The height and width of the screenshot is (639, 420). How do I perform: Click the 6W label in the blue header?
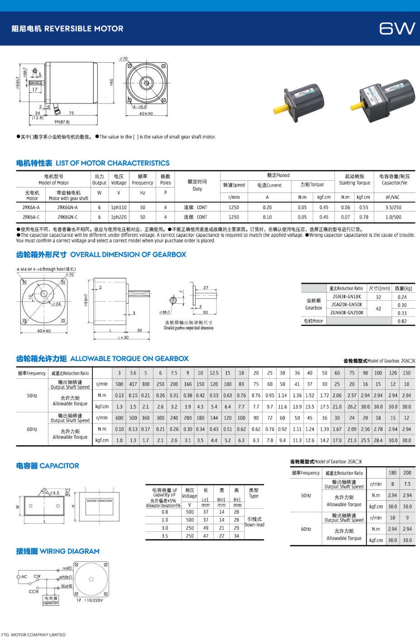[x=397, y=28]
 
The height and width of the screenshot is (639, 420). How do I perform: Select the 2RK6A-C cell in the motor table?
[x=31, y=217]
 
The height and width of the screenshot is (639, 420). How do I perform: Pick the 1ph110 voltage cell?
[x=119, y=207]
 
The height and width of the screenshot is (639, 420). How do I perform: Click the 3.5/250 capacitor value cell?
[x=393, y=207]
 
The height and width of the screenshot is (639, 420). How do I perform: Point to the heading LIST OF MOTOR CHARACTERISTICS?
[x=112, y=163]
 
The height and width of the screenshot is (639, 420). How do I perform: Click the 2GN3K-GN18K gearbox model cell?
[x=347, y=297]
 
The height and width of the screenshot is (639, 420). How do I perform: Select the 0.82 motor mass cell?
[x=402, y=321]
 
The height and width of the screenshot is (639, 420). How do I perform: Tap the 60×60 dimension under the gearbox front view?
[x=44, y=331]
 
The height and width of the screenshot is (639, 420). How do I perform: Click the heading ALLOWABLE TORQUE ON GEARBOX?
[x=129, y=358]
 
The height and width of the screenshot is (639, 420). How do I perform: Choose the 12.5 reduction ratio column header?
[x=214, y=373]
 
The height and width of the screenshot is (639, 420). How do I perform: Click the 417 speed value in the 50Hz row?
[x=133, y=384]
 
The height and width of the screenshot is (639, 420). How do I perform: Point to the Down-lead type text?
[x=254, y=525]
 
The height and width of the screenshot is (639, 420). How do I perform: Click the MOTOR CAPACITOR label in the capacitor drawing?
[x=100, y=501]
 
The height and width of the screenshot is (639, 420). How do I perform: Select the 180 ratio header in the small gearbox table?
[x=392, y=473]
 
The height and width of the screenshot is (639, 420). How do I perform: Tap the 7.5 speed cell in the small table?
[x=407, y=484]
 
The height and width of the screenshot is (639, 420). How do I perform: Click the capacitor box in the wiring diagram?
[x=51, y=600]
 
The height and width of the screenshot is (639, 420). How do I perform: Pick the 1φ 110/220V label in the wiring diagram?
[x=90, y=600]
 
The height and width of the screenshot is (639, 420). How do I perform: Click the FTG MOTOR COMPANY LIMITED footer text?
[x=33, y=634]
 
